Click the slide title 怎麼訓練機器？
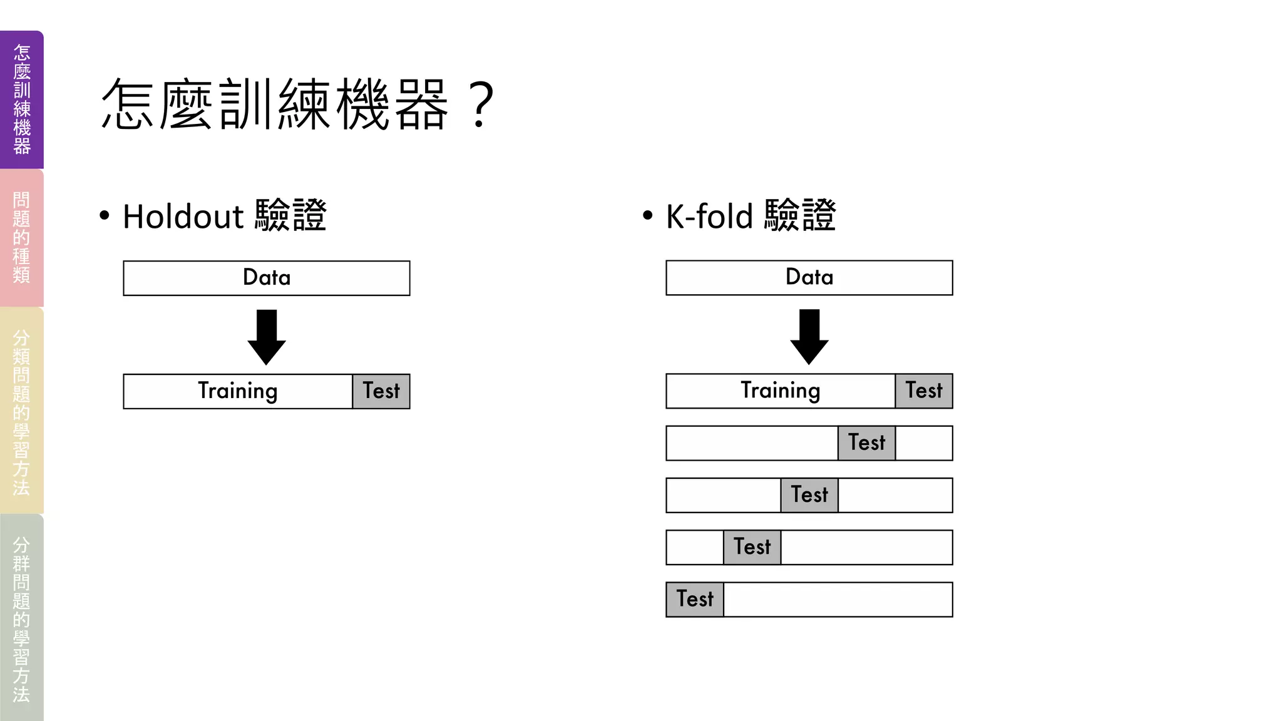(x=297, y=105)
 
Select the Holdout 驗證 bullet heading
(x=224, y=216)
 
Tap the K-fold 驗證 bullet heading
(x=751, y=216)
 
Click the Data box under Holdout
(x=267, y=278)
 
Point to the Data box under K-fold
(x=809, y=277)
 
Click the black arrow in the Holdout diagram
(x=267, y=336)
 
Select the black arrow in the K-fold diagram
(x=809, y=335)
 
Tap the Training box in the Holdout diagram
(x=238, y=391)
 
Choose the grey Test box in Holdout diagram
(x=381, y=391)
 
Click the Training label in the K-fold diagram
(x=781, y=391)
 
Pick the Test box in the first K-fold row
(x=924, y=391)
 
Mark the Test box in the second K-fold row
(x=867, y=443)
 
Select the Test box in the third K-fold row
(x=809, y=495)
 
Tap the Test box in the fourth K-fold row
(x=752, y=547)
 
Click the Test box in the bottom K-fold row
(x=695, y=600)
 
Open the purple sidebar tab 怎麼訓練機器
(x=22, y=100)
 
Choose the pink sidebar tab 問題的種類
(x=22, y=238)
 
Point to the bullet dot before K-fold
(x=648, y=216)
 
